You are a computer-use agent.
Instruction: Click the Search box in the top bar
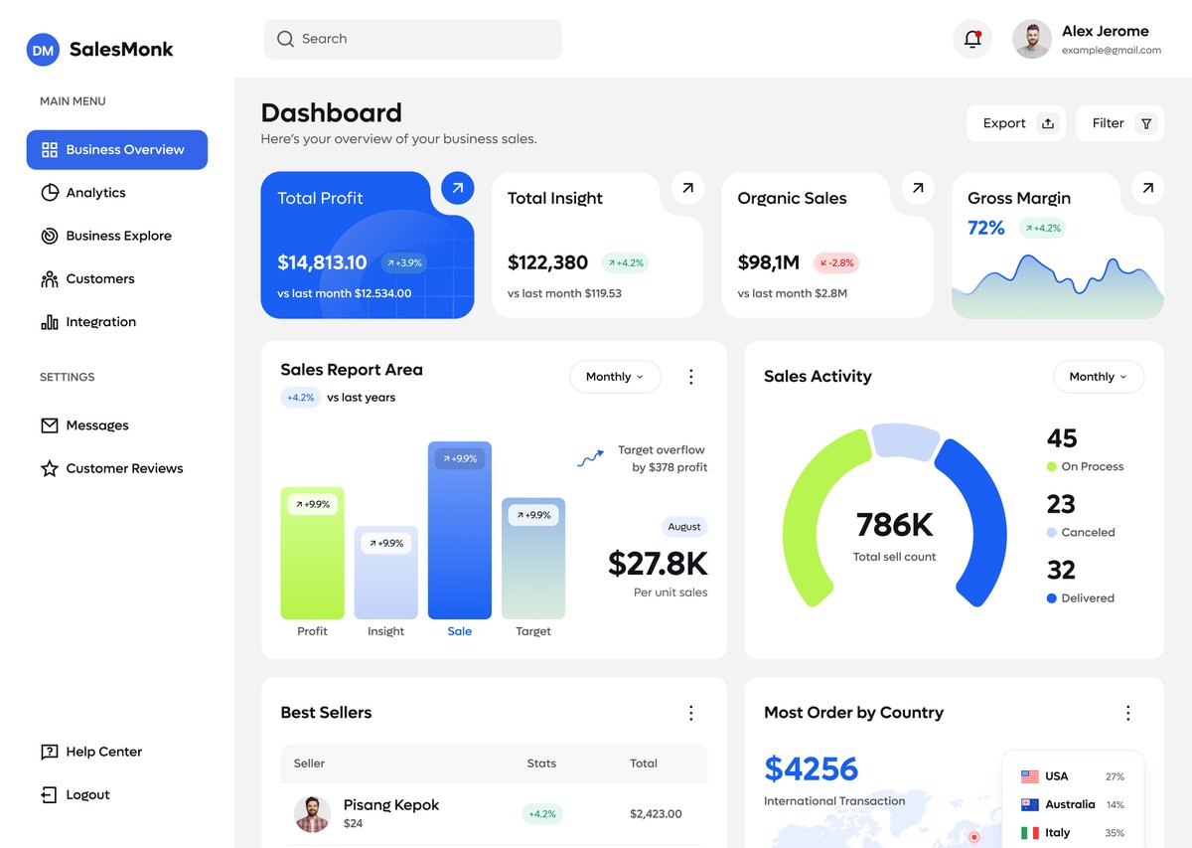412,39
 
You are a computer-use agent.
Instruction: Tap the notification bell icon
971,39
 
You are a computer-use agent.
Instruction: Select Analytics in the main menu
95,193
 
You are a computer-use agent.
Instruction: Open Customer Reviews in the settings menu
124,468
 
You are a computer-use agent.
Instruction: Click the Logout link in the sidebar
87,795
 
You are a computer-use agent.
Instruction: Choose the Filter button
1119,123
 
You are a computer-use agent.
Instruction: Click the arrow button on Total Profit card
457,187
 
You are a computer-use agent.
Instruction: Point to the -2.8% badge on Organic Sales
835,262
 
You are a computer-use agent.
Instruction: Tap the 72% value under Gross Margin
985,228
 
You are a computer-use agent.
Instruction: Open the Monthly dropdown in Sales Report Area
615,377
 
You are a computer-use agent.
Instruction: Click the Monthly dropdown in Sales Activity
1098,377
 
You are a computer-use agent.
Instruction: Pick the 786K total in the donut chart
894,525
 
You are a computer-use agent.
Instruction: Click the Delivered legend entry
1087,598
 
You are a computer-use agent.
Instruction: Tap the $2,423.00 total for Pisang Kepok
656,813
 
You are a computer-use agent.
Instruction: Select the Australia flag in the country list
1029,804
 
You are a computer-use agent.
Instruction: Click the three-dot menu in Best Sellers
691,713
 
